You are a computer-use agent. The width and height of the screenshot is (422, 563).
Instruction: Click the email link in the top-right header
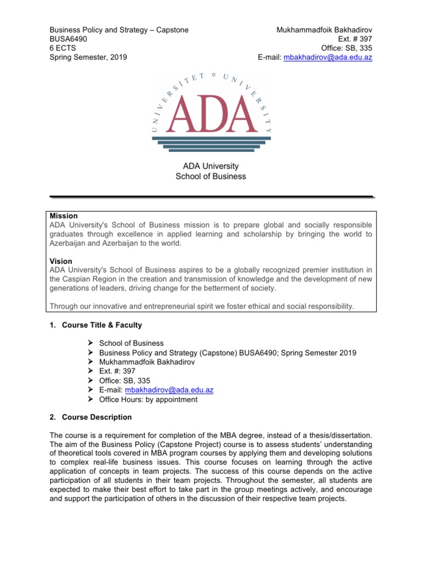click(x=327, y=57)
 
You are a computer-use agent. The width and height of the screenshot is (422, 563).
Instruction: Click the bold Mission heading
click(x=64, y=216)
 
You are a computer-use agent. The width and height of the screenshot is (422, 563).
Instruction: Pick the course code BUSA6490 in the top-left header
click(x=68, y=38)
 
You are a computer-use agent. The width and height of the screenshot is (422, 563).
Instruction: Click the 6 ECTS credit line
click(x=64, y=48)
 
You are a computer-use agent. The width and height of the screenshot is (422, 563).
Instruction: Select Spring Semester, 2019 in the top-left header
click(x=88, y=57)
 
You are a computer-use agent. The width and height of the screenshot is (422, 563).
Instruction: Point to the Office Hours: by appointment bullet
click(x=148, y=400)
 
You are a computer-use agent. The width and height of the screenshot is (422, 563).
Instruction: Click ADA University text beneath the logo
click(x=210, y=165)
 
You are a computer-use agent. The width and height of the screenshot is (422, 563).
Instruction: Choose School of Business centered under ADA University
click(x=210, y=176)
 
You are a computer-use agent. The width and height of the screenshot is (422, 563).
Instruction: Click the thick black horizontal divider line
click(x=211, y=196)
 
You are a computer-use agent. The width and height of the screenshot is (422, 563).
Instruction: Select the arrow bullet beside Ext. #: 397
click(x=91, y=371)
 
